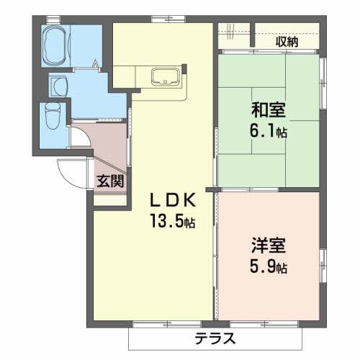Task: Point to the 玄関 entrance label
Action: point(110,180)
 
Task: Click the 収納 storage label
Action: point(287,41)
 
